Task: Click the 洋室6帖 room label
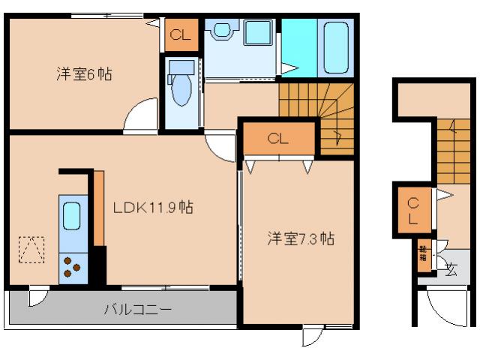click(85, 74)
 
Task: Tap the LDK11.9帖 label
click(153, 207)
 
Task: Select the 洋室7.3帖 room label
click(301, 239)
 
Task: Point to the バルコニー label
click(138, 309)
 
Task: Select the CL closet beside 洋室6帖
click(181, 34)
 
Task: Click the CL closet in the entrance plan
click(413, 211)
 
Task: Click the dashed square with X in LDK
click(31, 250)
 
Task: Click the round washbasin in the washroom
click(221, 31)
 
